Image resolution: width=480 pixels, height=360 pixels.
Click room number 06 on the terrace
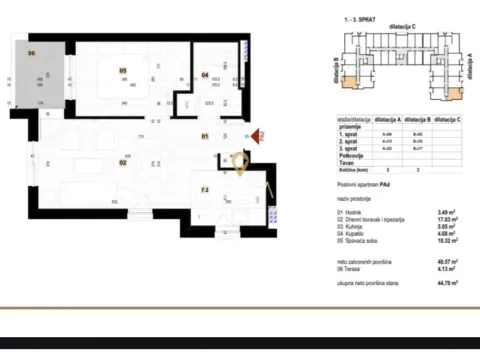[x=32, y=52]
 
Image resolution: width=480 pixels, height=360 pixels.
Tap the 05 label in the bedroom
[x=123, y=70]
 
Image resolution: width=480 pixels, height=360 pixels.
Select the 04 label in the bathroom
[x=205, y=74]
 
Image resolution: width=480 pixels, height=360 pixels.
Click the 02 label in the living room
[x=123, y=160]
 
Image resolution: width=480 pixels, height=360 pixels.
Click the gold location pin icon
[x=239, y=161]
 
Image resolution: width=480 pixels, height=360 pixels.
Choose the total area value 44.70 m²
[x=451, y=283]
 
